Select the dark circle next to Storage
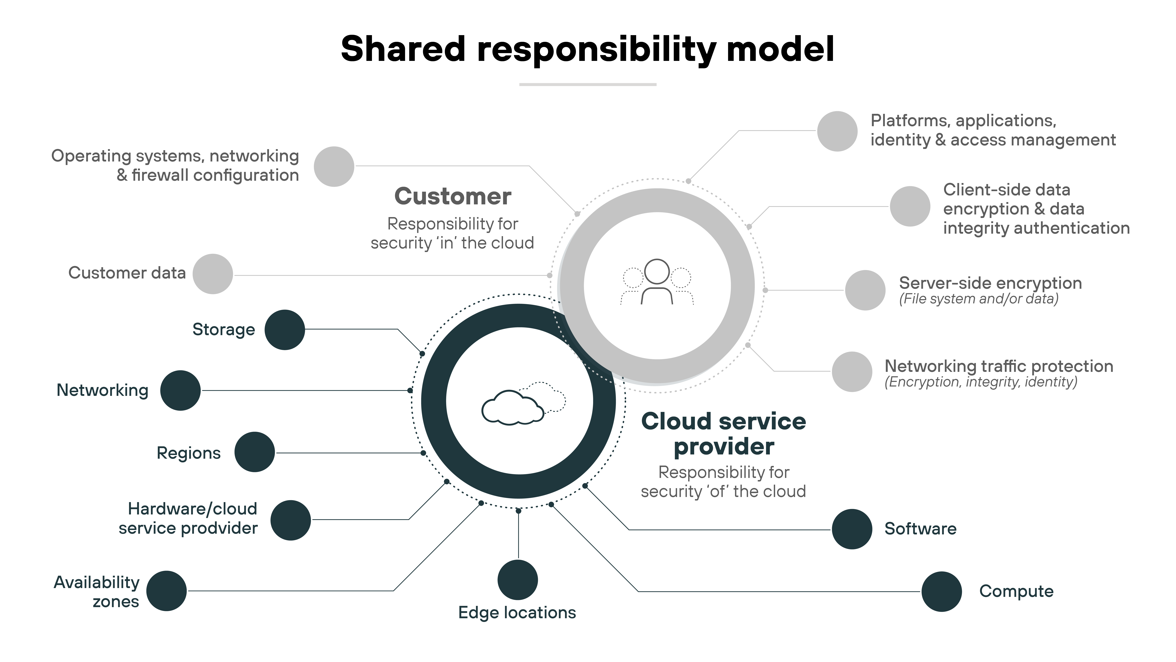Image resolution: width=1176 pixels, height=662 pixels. click(284, 330)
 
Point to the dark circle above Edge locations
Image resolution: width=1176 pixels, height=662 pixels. click(518, 580)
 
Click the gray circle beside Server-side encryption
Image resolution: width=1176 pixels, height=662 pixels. click(865, 290)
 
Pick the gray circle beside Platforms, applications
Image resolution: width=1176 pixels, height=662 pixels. click(837, 131)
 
